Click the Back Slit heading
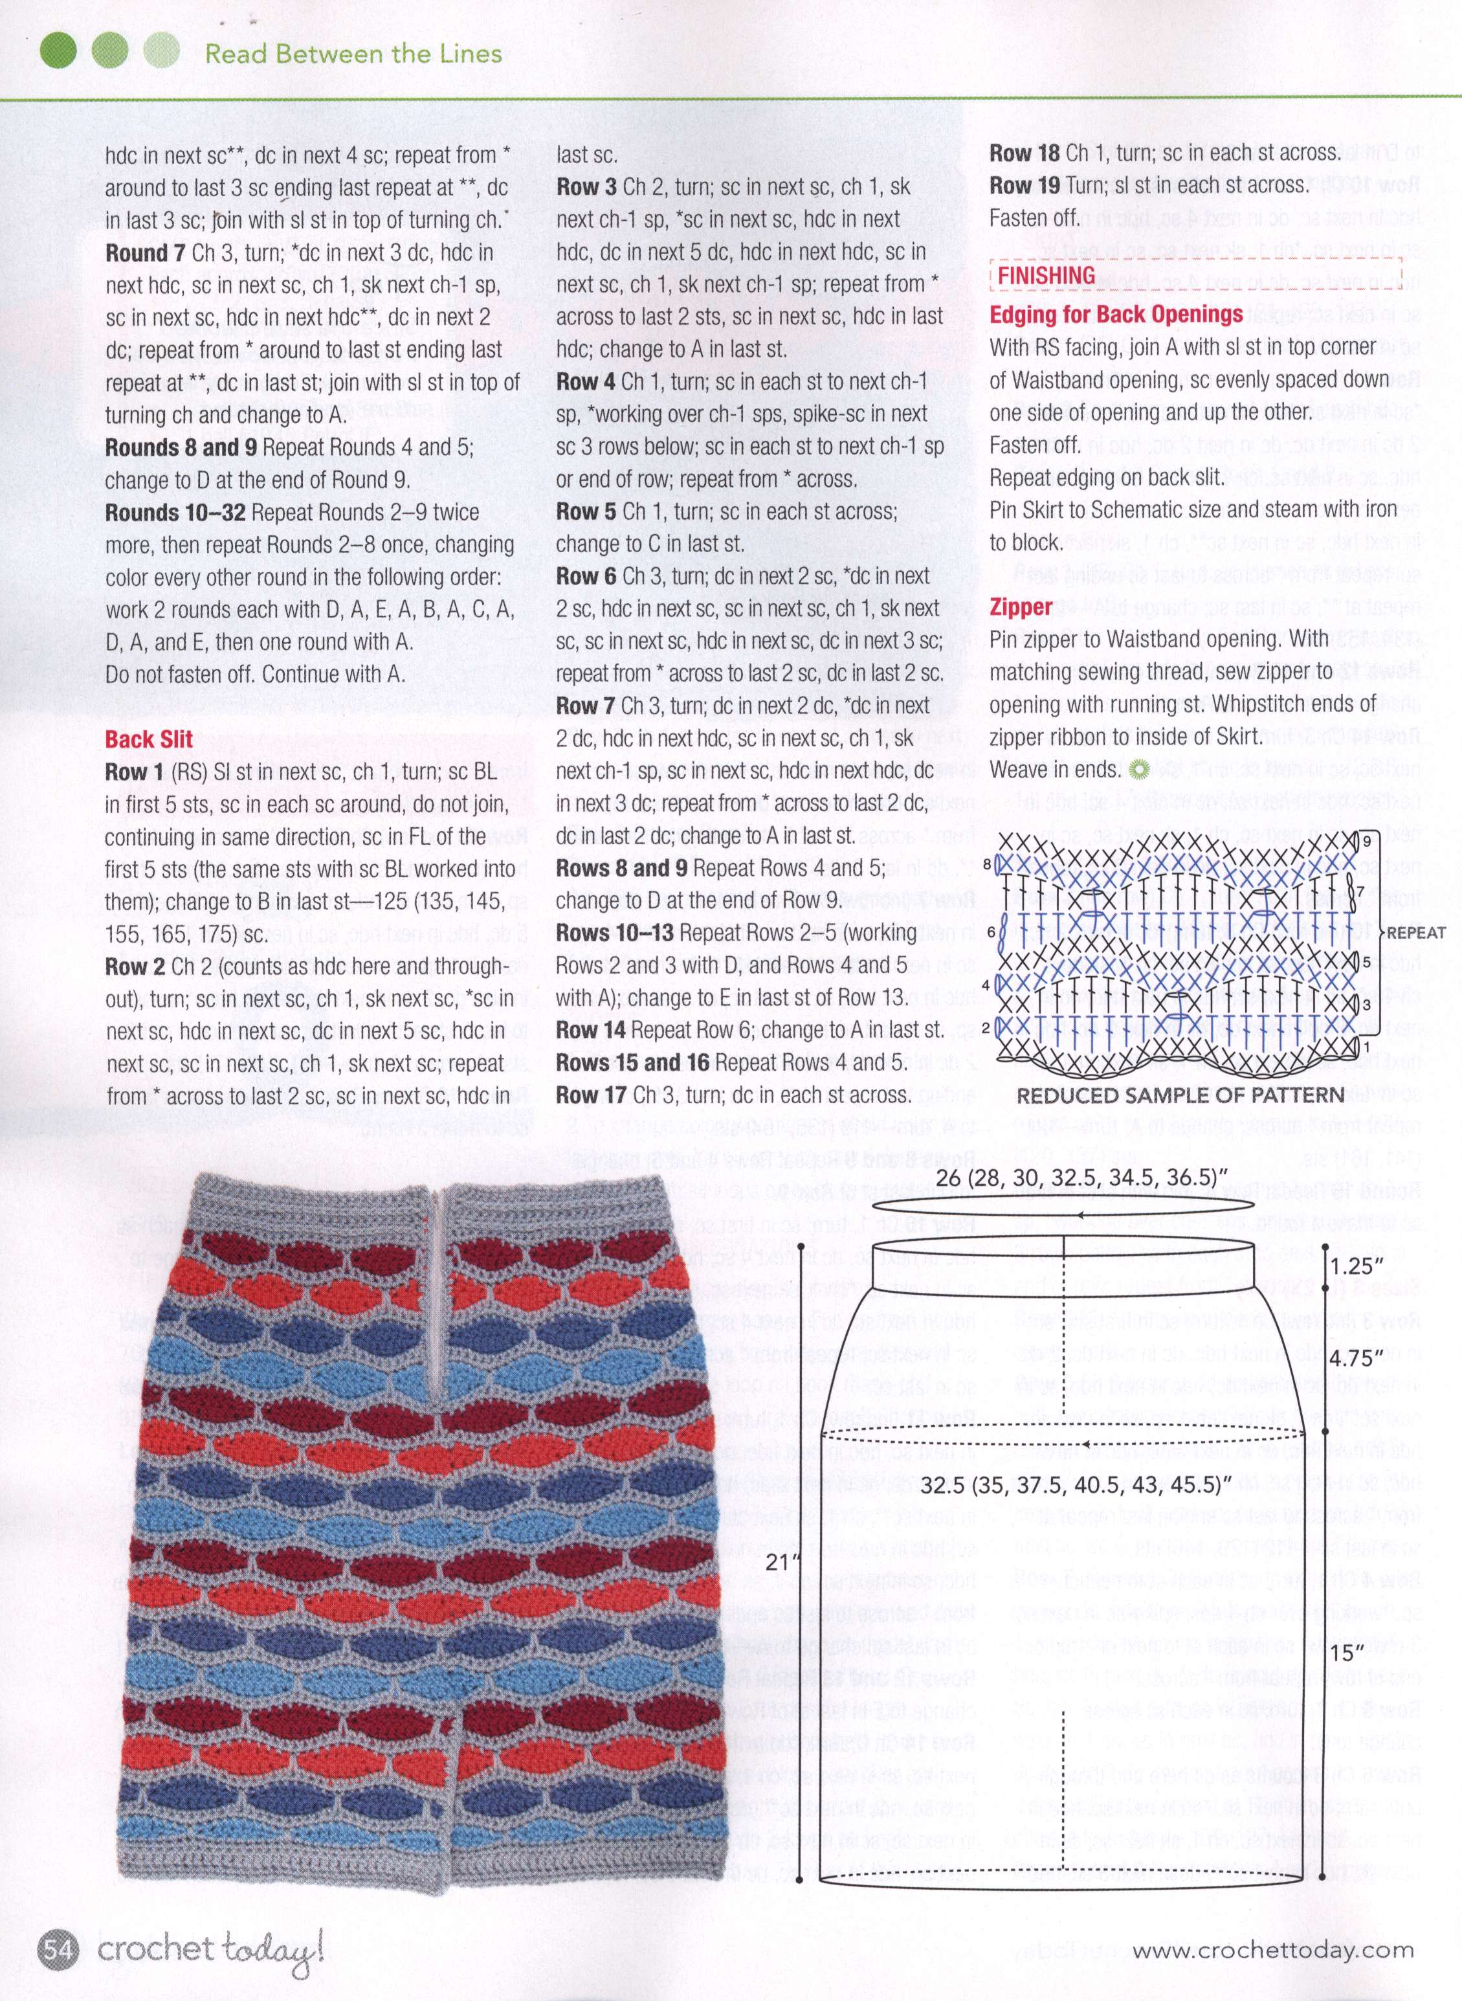[149, 739]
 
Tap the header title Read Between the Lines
[353, 53]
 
